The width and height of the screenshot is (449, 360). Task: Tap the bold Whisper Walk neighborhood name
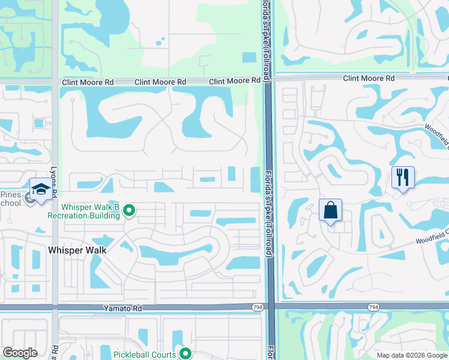click(x=77, y=250)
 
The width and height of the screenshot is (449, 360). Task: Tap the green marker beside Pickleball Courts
click(x=185, y=354)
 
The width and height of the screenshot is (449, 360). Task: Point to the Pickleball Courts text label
click(x=145, y=355)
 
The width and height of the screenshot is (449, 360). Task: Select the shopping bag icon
click(x=330, y=211)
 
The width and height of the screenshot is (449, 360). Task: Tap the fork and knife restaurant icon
click(x=402, y=177)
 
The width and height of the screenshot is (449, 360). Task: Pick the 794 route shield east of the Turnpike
click(x=373, y=307)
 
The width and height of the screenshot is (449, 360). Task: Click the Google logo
click(x=20, y=353)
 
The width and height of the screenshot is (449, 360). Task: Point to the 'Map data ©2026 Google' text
click(x=411, y=355)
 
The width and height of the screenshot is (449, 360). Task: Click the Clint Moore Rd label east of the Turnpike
click(x=369, y=78)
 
